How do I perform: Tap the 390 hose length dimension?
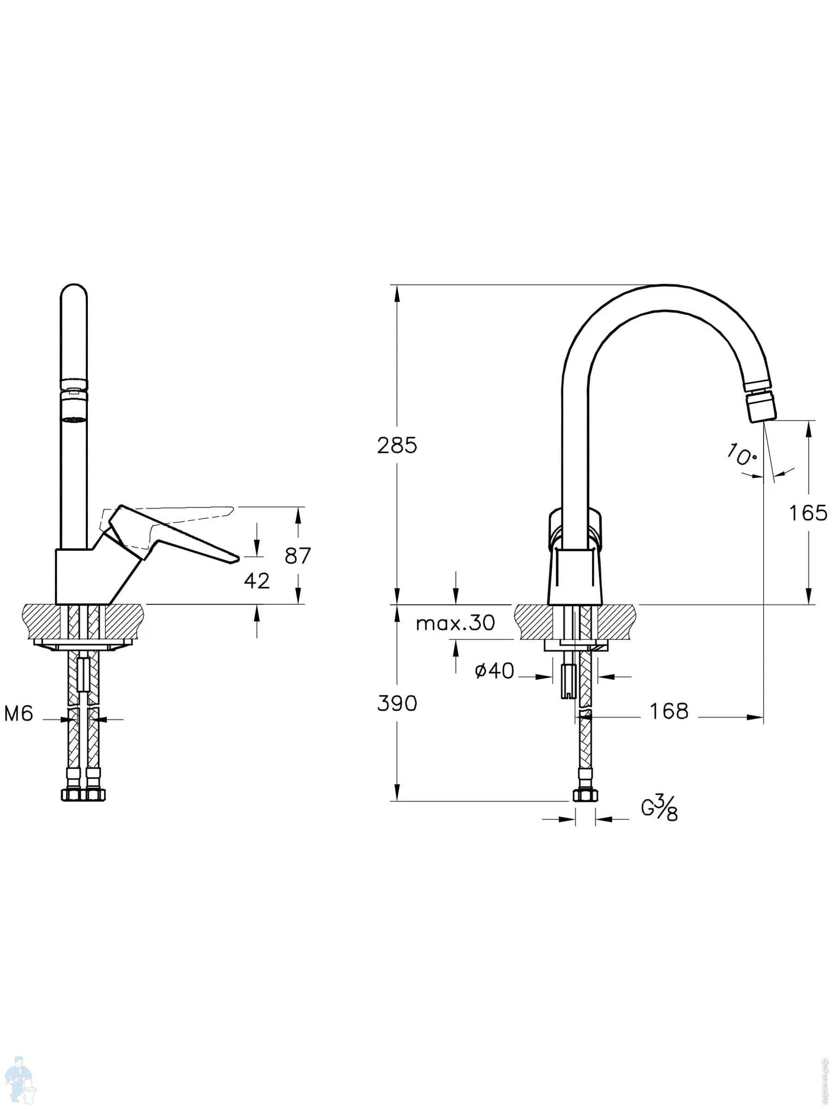[397, 704]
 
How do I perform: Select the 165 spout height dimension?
[808, 513]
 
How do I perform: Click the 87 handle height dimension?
[298, 555]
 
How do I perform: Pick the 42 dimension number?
[257, 581]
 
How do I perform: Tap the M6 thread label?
[18, 713]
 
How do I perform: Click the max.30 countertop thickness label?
[455, 623]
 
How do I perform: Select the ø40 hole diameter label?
[495, 670]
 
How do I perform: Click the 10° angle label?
[741, 456]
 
